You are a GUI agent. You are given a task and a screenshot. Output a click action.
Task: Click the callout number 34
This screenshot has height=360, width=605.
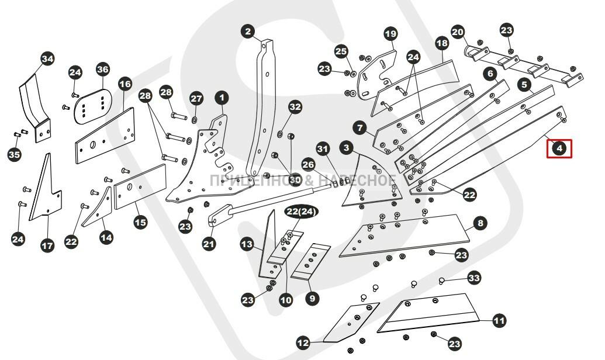(x=47, y=58)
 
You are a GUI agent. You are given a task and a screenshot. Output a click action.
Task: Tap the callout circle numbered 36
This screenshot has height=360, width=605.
(x=103, y=70)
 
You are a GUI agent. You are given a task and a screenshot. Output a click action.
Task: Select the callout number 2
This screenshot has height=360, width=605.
(x=248, y=31)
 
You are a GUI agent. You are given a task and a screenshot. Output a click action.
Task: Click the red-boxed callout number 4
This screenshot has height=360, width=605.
(x=559, y=148)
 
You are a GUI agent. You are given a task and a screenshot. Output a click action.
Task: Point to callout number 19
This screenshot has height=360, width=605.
(x=390, y=34)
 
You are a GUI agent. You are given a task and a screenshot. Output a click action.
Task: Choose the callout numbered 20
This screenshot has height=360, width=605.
(x=458, y=32)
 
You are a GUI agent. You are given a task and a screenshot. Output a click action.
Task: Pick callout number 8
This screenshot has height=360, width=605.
(x=480, y=223)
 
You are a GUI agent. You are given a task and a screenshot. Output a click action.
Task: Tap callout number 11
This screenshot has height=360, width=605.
(x=499, y=321)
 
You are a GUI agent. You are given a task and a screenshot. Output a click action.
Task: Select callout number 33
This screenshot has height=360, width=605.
(x=474, y=278)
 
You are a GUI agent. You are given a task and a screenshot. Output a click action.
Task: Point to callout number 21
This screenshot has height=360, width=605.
(x=209, y=244)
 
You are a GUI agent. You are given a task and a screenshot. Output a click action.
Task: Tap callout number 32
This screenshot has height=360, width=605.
(x=295, y=107)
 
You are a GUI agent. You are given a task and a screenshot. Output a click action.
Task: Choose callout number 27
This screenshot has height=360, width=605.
(x=196, y=98)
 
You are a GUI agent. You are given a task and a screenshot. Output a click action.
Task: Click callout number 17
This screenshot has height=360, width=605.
(x=47, y=245)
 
